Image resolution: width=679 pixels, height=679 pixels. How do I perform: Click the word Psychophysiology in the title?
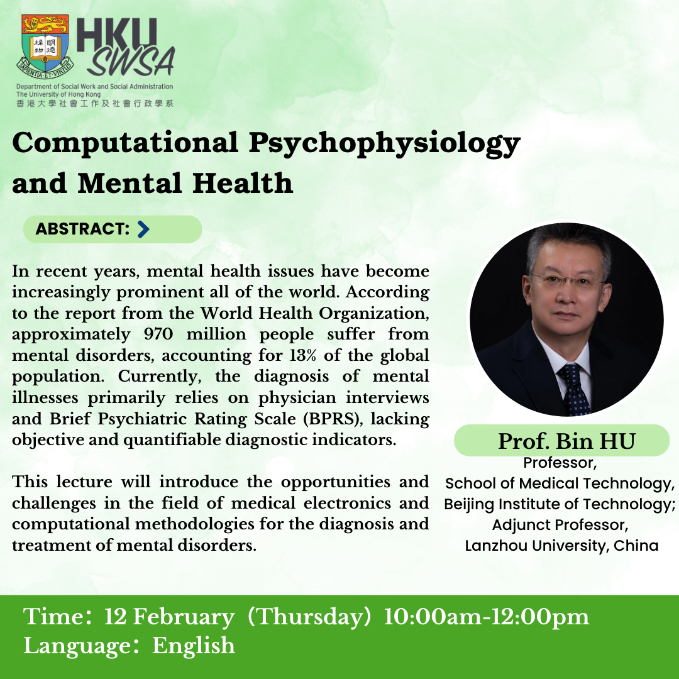tap(385, 143)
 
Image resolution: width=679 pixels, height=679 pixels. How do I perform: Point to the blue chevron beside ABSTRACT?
tap(143, 229)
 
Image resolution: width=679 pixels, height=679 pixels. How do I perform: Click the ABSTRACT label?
tap(82, 229)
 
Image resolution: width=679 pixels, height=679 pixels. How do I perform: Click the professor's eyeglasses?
tap(568, 281)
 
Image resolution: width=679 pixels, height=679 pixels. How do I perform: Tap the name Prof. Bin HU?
tap(566, 441)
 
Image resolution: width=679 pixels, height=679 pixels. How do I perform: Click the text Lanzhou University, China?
tap(561, 545)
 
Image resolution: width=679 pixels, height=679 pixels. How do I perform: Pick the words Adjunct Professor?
tap(560, 524)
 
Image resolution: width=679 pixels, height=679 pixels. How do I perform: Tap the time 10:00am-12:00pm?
tap(486, 617)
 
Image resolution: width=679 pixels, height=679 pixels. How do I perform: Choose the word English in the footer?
tap(194, 646)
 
